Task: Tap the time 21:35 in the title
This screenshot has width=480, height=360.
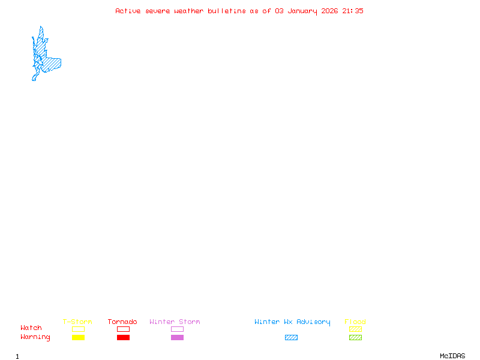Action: coord(353,11)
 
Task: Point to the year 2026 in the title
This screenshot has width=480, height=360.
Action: coord(331,11)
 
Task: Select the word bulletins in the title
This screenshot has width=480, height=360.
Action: coord(227,11)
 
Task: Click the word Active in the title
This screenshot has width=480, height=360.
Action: coord(128,11)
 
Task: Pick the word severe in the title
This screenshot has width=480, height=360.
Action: coord(158,11)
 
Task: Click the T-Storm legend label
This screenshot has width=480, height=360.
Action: coord(77,322)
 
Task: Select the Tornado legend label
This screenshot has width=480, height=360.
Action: coord(122,322)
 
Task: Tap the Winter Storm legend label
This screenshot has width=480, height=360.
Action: coord(175,322)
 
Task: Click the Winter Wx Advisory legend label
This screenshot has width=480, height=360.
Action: coord(292,322)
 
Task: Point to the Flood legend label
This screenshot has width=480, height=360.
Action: coord(355,322)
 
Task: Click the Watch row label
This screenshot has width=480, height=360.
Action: coord(31,328)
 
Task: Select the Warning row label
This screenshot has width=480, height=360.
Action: coord(35,337)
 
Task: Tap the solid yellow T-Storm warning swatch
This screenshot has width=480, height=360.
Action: coord(78,338)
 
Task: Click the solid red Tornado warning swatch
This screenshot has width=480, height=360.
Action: coord(123,338)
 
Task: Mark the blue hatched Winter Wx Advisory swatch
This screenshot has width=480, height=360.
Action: coord(291,338)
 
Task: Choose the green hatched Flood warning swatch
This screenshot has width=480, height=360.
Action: coord(355,338)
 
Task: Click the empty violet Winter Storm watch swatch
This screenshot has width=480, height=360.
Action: coord(177,329)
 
